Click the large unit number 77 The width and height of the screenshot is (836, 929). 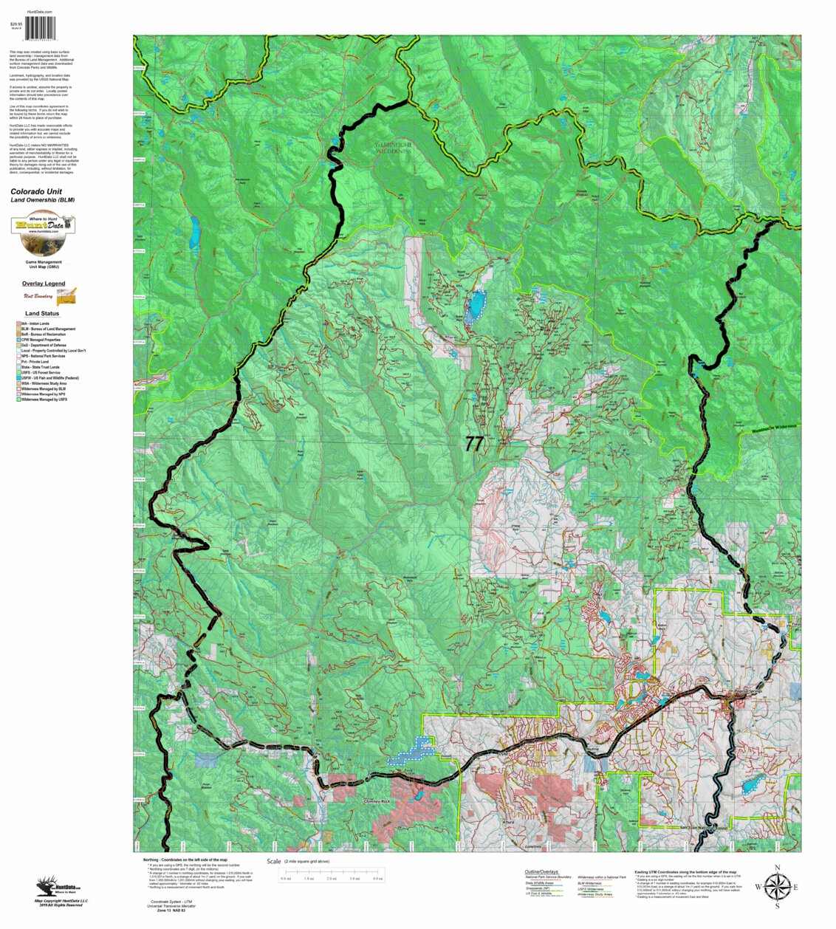click(x=474, y=443)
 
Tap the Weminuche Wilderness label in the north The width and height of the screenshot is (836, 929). click(x=392, y=148)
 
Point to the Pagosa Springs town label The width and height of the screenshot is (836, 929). click(x=747, y=691)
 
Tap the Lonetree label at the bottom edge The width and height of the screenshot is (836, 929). click(x=533, y=846)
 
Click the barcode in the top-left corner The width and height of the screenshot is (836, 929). click(x=41, y=28)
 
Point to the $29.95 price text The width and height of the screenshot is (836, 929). click(x=16, y=24)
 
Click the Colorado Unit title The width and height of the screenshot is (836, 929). click(x=36, y=191)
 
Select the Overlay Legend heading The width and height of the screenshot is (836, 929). click(x=44, y=284)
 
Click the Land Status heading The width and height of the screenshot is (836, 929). click(x=42, y=314)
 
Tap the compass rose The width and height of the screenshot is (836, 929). click(x=777, y=886)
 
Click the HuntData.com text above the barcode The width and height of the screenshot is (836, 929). click(x=39, y=13)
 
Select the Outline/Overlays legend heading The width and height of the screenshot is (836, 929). click(x=541, y=872)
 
